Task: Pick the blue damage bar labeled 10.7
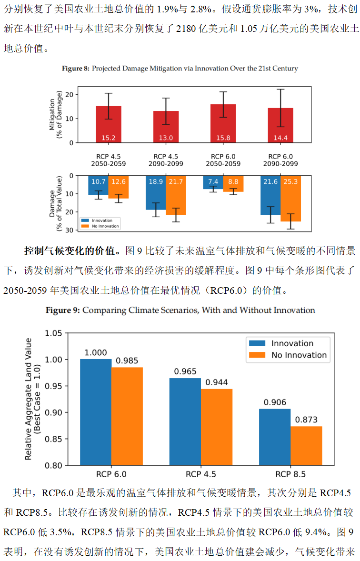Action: tap(98, 185)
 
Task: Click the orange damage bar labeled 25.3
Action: tap(290, 198)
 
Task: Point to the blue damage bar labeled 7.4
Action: tap(213, 182)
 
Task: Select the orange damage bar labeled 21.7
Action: tap(176, 195)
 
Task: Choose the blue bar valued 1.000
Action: tap(96, 412)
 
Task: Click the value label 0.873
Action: tap(306, 420)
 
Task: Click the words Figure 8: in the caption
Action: tap(75, 69)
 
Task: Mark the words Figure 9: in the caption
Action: tap(62, 311)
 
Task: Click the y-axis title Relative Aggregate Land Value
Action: tap(30, 399)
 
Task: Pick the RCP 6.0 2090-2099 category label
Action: tap(280, 160)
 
